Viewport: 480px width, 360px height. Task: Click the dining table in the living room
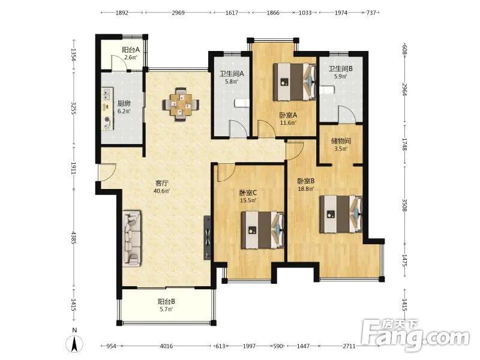pos(181,104)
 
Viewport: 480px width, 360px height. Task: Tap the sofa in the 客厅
pos(132,238)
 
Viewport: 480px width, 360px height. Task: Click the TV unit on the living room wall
pos(207,238)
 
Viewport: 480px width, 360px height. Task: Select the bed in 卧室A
pos(295,82)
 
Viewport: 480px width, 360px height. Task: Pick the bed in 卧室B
pos(341,214)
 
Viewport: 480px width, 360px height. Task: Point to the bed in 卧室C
pos(262,230)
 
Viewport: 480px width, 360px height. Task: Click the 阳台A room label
pos(131,50)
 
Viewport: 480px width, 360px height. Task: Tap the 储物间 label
pos(341,141)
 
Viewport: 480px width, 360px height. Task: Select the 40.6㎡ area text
pos(161,191)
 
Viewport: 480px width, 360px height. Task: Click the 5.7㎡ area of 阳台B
pos(166,309)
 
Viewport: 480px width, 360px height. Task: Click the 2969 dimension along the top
pos(178,13)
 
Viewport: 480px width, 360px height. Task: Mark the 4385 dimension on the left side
pos(73,238)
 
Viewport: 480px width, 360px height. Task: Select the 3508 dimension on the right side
pos(404,205)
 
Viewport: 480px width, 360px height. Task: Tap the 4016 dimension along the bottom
pos(166,346)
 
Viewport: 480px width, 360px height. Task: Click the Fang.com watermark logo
pos(415,336)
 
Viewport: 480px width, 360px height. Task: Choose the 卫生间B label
pos(341,69)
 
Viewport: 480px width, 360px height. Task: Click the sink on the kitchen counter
pos(107,94)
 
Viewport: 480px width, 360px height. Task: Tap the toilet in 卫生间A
pos(241,103)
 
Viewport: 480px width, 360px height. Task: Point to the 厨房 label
pos(124,103)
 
